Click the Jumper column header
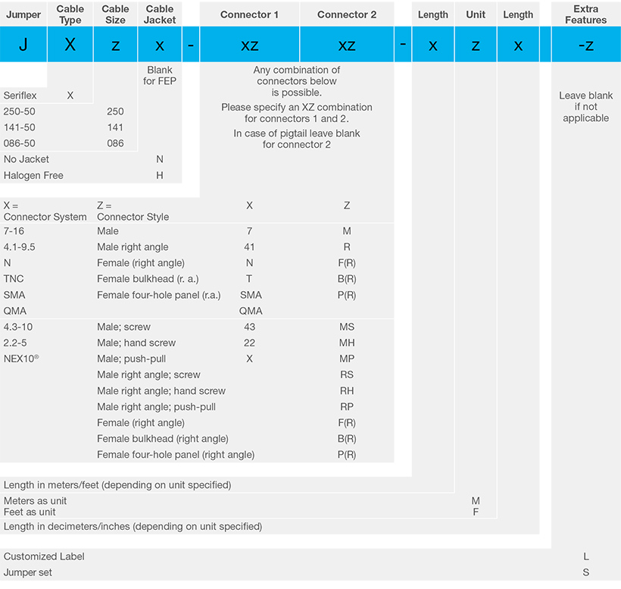click(23, 14)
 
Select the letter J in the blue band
click(23, 45)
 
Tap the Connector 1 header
click(249, 14)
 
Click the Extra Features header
click(585, 14)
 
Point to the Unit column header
click(476, 14)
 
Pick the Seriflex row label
click(20, 96)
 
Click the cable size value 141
click(115, 127)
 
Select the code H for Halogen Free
click(160, 175)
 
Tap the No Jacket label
click(27, 159)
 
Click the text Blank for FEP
click(160, 76)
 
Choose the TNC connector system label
click(14, 279)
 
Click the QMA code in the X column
click(251, 311)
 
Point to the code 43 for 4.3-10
click(250, 327)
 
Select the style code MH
click(347, 343)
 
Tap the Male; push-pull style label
click(132, 359)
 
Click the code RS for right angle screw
click(347, 374)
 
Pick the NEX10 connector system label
click(21, 359)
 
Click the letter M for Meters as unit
click(476, 501)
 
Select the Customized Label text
click(44, 556)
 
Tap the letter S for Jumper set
click(586, 572)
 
